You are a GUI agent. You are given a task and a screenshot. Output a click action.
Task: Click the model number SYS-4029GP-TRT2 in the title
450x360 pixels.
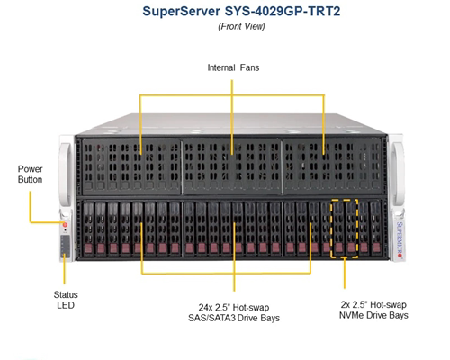283,12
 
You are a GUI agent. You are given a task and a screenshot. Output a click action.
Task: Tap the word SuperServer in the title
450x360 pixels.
182,12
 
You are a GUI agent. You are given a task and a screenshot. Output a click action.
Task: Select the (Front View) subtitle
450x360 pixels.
241,26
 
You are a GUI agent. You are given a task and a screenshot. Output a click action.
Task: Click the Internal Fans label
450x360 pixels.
233,67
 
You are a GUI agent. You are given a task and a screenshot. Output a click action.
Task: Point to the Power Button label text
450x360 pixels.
30,175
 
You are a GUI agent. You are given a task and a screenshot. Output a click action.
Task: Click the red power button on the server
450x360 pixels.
65,225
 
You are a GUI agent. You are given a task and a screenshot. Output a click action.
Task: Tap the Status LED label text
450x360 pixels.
66,300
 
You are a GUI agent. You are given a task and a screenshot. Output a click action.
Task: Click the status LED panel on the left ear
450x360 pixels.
65,247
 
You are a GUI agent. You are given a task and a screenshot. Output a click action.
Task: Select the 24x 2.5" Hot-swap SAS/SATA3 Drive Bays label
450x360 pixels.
234,312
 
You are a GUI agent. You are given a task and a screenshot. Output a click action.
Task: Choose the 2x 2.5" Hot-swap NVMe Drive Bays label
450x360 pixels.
373,310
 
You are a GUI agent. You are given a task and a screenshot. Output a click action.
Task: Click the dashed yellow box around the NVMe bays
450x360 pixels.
331,228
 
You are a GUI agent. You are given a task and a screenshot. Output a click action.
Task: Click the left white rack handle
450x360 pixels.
66,174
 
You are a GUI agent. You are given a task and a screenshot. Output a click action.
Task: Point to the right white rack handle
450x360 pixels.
398,174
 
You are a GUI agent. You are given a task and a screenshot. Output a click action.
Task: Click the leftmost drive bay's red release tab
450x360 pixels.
88,248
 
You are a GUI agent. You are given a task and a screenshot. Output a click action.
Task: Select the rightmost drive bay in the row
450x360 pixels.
376,229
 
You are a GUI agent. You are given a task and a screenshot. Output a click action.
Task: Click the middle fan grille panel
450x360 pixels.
231,166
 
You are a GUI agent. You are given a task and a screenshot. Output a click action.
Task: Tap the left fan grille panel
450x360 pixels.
131,166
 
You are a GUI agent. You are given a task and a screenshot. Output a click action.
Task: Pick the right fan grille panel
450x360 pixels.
332,166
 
